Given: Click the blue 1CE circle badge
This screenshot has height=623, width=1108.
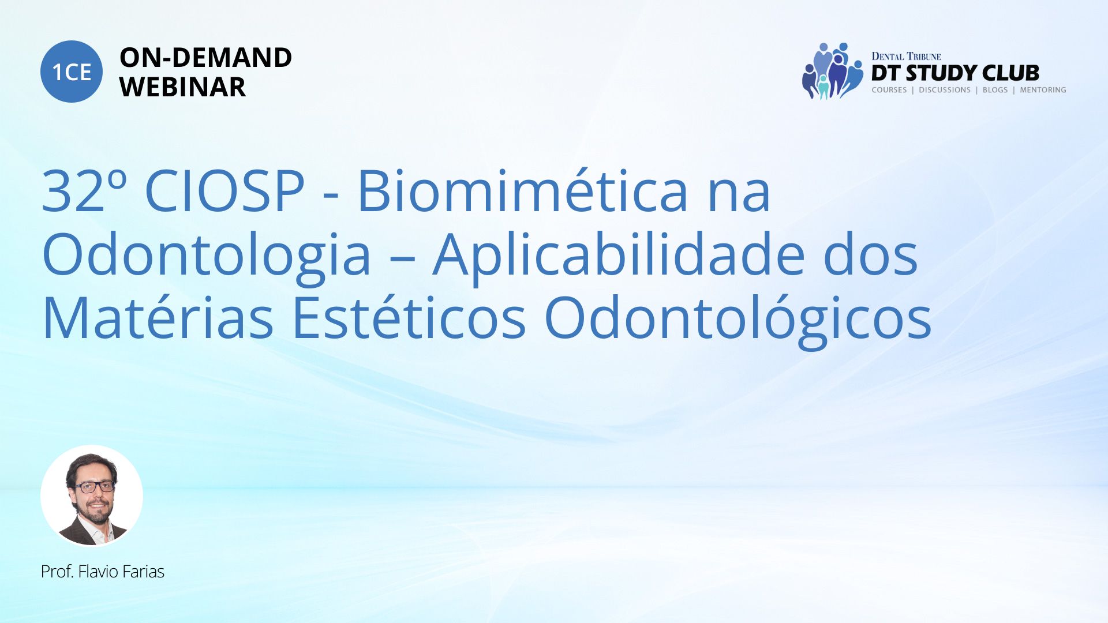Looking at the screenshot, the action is pos(72,72).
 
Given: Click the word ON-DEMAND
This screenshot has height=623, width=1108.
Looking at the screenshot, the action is pos(205,58).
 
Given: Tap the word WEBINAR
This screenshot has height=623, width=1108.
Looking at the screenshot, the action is pos(182,87).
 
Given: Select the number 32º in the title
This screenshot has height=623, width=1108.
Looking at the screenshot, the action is pos(84,191).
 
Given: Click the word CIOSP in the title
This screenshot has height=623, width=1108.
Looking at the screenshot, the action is pos(224,191).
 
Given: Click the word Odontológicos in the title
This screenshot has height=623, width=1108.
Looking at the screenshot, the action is pos(738,320).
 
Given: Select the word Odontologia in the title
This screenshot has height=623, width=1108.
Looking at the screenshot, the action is pos(207,257).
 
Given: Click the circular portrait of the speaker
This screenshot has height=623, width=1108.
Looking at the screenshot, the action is pos(92,496).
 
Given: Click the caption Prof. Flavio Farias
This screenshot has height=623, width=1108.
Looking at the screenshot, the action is pos(103,572).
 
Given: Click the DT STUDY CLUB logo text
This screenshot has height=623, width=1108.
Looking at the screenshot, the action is pos(955,73).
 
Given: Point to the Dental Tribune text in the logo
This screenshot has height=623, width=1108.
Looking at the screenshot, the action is pos(906,56).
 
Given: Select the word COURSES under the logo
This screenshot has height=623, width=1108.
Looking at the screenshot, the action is pos(889,90).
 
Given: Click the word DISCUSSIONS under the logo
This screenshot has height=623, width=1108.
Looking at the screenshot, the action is pos(945,90).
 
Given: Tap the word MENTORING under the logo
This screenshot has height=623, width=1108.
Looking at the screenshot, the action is pos(1043,90).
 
